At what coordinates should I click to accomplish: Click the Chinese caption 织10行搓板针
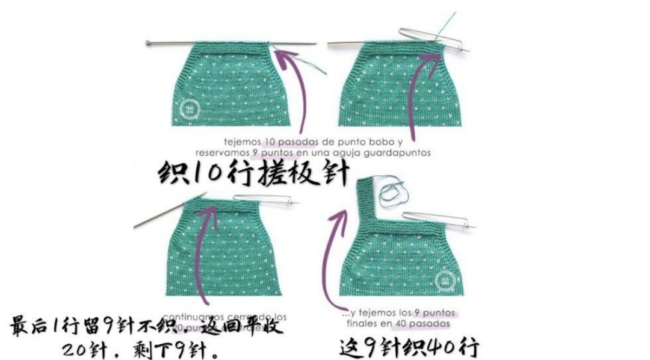click(253, 175)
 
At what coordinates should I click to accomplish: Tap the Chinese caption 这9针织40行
click(409, 347)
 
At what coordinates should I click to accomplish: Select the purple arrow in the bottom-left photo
click(203, 253)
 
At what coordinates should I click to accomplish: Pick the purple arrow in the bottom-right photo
click(328, 259)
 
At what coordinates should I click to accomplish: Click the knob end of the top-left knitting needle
click(148, 43)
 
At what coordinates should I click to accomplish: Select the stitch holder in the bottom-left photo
click(265, 199)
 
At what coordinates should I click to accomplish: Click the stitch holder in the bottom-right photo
click(436, 219)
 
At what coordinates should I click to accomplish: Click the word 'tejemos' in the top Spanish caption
click(241, 143)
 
